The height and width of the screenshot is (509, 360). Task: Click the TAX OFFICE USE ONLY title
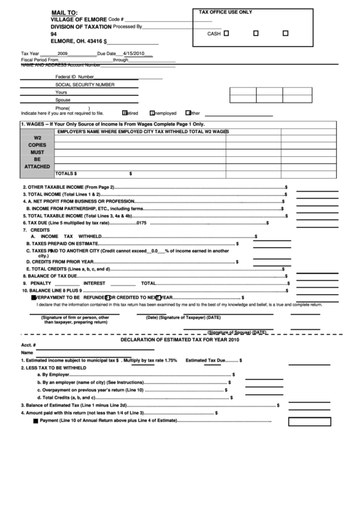click(x=225, y=12)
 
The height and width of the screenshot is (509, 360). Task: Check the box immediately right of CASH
click(x=227, y=33)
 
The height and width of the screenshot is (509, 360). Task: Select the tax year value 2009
click(x=62, y=53)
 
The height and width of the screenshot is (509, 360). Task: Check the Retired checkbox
click(x=124, y=113)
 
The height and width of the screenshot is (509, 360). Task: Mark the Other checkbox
click(x=187, y=113)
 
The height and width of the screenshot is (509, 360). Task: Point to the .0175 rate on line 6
click(x=141, y=222)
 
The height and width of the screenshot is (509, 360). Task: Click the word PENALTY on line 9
click(x=41, y=282)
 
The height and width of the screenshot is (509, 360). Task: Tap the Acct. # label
click(x=28, y=345)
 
